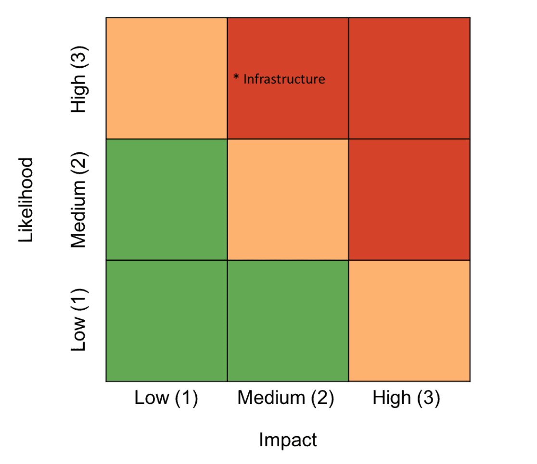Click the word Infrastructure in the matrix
(x=284, y=79)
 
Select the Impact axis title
(x=288, y=440)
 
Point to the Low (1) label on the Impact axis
(x=166, y=398)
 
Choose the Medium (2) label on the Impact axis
(x=286, y=398)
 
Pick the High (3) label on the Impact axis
(x=406, y=398)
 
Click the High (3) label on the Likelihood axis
(x=78, y=78)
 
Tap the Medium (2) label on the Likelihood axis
(x=78, y=200)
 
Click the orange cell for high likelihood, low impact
(x=166, y=78)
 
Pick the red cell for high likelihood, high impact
(x=409, y=78)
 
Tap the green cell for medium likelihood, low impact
(x=166, y=199)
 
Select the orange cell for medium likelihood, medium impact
(x=288, y=199)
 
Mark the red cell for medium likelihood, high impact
(x=409, y=199)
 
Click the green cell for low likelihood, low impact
(x=166, y=320)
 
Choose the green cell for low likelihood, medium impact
(x=288, y=320)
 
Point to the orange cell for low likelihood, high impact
(x=409, y=320)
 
